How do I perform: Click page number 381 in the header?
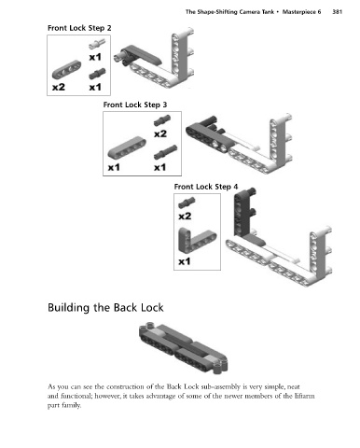click(338, 12)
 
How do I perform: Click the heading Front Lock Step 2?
click(79, 28)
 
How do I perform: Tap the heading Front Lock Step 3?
click(135, 105)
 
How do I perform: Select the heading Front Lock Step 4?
click(206, 187)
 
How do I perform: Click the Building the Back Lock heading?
click(105, 308)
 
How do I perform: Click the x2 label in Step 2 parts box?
click(59, 87)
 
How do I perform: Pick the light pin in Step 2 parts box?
click(97, 44)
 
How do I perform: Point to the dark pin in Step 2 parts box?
click(97, 74)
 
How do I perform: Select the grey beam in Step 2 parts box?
click(66, 69)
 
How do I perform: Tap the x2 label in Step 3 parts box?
click(160, 133)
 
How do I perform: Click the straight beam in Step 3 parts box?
click(127, 147)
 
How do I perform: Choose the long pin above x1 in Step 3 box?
click(165, 152)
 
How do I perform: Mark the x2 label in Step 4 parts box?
click(185, 216)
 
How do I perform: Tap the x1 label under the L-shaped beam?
click(185, 261)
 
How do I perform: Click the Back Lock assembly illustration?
click(184, 348)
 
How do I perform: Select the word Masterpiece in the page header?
click(301, 12)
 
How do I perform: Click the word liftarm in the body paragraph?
click(305, 396)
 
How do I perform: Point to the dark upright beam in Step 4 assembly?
click(240, 213)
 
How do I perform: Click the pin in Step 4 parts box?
click(187, 203)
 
